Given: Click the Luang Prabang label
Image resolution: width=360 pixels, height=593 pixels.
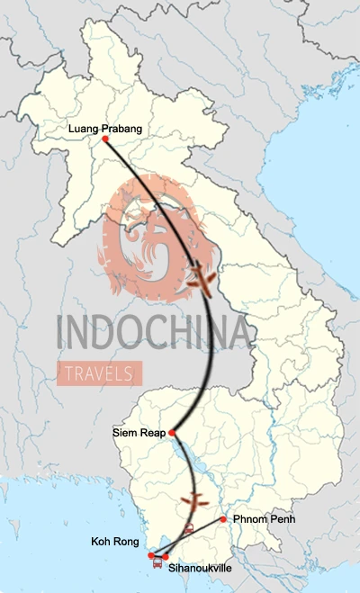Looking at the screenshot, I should tap(105, 129).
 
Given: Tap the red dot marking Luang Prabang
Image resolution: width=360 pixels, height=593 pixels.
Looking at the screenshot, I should tap(105, 139).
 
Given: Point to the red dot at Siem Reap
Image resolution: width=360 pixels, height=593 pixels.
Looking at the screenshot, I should tap(172, 433).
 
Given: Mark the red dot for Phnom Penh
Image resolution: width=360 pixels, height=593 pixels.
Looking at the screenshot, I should tap(223, 519).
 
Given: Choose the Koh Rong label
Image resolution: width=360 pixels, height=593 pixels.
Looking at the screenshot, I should tap(115, 543).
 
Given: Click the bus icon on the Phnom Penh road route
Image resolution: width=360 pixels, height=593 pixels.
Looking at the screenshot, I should tap(188, 530).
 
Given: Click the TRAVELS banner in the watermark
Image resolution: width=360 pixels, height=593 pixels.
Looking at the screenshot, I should tap(100, 372).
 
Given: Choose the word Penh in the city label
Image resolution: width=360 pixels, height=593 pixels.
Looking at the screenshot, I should tap(278, 519).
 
